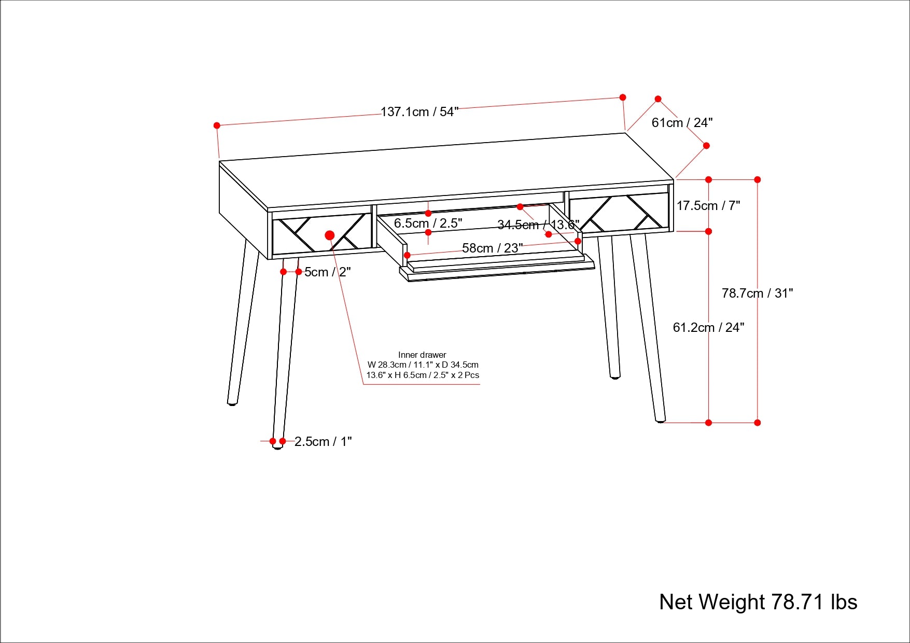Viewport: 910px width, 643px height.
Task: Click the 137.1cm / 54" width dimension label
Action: click(419, 112)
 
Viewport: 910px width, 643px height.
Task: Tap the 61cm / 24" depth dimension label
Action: click(682, 123)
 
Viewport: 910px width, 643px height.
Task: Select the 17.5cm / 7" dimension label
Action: click(708, 206)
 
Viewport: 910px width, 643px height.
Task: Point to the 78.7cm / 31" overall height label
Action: click(757, 293)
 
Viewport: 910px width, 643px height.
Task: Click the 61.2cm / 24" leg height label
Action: click(708, 328)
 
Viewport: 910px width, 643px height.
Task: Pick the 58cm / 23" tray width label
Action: click(492, 248)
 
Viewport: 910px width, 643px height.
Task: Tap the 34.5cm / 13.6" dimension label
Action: click(538, 225)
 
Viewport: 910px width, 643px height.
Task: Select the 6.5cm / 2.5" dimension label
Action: click(428, 223)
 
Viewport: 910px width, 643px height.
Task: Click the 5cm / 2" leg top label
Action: click(327, 272)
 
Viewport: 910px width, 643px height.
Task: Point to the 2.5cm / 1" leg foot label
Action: click(323, 442)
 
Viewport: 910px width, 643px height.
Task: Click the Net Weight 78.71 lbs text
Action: click(758, 602)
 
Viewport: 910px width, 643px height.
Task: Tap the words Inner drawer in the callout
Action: click(422, 355)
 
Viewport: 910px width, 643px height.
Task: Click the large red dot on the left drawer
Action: click(330, 235)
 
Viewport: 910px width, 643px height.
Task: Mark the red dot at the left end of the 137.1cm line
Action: click(217, 125)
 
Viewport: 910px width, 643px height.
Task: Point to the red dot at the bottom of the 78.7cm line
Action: click(757, 423)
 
